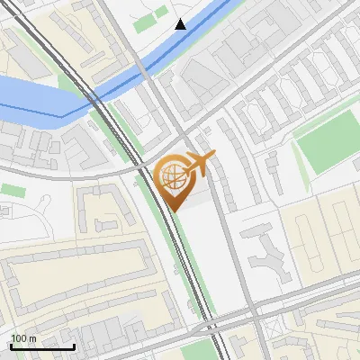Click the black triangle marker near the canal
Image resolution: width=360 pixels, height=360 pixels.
pos(181,23)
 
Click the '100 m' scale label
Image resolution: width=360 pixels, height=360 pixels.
pos(24,337)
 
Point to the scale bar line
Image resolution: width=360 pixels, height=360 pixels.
pos(42,346)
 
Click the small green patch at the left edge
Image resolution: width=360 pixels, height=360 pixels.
pos(13,190)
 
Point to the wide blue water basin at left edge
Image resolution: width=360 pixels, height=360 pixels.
pos(31,95)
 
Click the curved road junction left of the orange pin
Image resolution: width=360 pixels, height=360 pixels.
pos(144,167)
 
